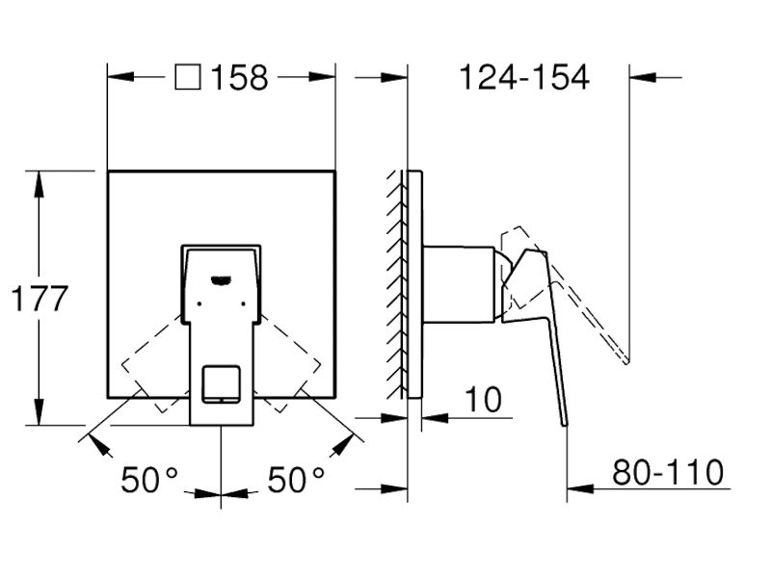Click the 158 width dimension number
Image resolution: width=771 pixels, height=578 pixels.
click(x=239, y=78)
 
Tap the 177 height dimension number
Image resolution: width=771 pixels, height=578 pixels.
click(x=40, y=299)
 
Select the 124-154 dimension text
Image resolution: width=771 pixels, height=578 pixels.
click(x=524, y=77)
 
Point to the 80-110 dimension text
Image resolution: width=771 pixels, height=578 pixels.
click(x=668, y=472)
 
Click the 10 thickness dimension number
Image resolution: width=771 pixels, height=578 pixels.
click(x=484, y=400)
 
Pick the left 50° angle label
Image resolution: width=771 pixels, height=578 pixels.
click(x=149, y=480)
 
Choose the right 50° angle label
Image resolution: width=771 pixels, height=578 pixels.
click(x=296, y=480)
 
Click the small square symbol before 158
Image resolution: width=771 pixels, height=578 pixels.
click(x=188, y=78)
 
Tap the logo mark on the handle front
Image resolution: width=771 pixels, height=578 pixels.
click(x=222, y=280)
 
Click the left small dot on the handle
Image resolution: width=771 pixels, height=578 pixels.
click(x=199, y=303)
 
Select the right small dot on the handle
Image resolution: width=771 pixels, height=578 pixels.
click(x=244, y=303)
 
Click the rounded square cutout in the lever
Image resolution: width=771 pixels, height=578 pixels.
click(x=222, y=383)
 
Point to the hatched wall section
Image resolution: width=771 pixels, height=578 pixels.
click(x=396, y=284)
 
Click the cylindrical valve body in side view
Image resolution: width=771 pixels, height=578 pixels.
click(x=459, y=284)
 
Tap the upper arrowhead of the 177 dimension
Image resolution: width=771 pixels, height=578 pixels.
click(x=39, y=184)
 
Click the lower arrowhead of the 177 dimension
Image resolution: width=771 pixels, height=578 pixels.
click(x=39, y=412)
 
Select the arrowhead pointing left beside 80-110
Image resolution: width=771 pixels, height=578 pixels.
click(x=580, y=488)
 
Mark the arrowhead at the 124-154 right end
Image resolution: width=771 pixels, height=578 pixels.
click(x=643, y=77)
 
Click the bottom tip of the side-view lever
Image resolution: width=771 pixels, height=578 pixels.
click(x=566, y=425)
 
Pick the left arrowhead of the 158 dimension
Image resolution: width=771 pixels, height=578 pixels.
click(x=121, y=77)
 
